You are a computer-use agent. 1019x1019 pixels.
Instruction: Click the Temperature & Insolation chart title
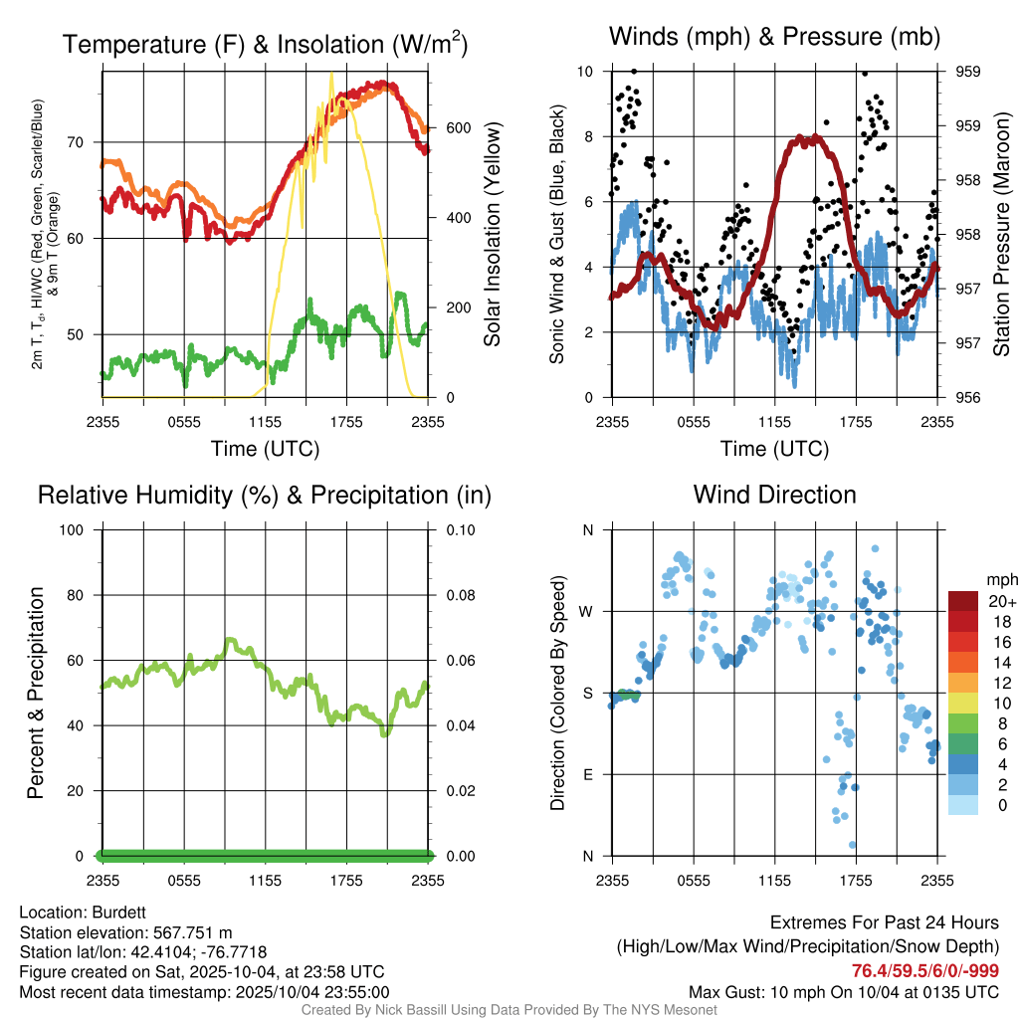265,44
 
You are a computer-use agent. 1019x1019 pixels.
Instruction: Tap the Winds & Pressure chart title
774,38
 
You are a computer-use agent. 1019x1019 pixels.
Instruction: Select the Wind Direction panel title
774,495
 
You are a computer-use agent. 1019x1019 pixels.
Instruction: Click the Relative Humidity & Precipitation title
265,495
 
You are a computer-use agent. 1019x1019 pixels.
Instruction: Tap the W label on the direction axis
587,611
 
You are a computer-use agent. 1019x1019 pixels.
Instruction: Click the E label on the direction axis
588,774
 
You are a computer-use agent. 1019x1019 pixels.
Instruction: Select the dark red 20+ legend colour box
963,601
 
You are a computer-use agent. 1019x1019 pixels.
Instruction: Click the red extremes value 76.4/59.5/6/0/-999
925,970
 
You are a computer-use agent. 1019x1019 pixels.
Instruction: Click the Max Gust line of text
844,992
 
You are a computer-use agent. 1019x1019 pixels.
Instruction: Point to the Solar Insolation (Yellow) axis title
493,235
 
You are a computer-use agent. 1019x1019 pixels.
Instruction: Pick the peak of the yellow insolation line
331,74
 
